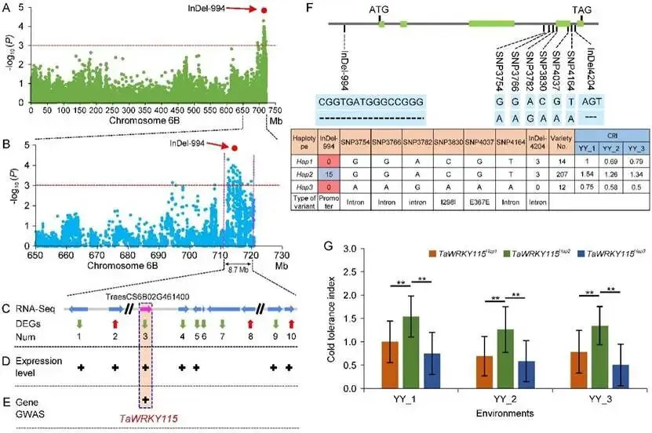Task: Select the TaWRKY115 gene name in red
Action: click(x=144, y=419)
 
